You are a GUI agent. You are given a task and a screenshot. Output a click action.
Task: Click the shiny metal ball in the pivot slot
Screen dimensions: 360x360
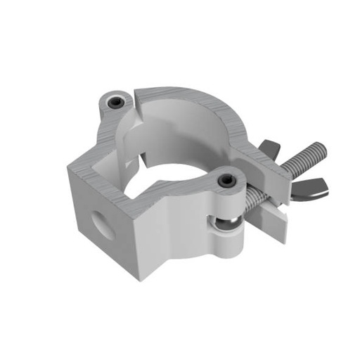[x=226, y=224]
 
